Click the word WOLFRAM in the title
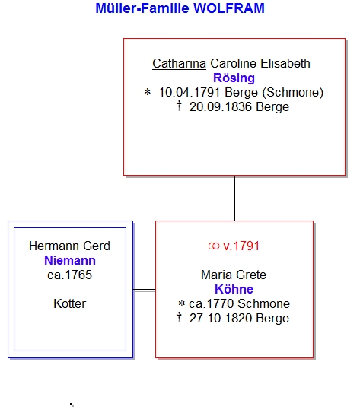229,8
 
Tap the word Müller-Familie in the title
142,8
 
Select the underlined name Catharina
179,64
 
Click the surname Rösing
234,78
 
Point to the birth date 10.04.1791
190,93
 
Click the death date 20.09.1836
221,107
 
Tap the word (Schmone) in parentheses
293,93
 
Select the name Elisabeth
285,64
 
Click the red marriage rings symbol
214,246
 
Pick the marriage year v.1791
241,246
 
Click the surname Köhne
234,290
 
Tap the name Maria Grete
234,275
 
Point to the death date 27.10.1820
221,319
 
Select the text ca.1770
212,304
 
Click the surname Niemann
70,261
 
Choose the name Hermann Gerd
69,246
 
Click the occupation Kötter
70,304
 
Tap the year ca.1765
70,275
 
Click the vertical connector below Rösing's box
235,198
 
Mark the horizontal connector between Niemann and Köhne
144,290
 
